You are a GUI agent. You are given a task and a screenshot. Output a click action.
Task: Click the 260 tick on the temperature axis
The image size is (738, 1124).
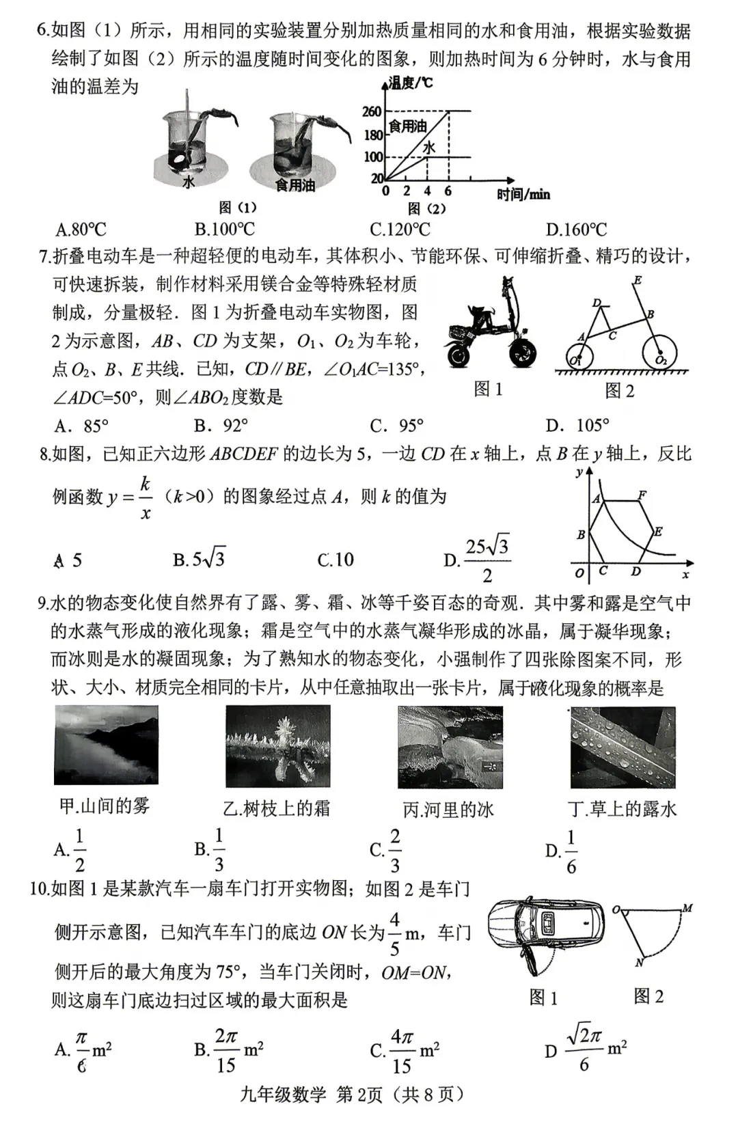pos(372,111)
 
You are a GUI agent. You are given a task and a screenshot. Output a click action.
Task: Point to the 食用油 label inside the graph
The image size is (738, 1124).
pos(407,126)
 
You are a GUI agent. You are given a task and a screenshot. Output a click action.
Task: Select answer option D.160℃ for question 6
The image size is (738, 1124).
pos(575,230)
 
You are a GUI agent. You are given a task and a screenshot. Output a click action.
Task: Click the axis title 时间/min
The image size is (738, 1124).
pos(523,195)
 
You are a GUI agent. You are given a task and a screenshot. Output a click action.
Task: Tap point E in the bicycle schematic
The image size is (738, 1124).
pos(637,280)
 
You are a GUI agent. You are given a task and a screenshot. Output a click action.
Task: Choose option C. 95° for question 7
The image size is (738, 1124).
pos(397,426)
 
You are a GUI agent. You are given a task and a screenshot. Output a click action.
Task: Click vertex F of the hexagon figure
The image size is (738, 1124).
pos(642,495)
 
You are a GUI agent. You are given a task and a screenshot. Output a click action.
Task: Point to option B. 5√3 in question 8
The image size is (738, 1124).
pos(199,560)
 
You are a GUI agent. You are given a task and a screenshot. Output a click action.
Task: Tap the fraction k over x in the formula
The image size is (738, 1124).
pos(145,497)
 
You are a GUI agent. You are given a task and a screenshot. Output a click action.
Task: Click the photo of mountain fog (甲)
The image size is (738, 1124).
pos(106,745)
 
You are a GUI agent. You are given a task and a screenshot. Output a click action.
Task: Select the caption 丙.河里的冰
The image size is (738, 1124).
pos(448,810)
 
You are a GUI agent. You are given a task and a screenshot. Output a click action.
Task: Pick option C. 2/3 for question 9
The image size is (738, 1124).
pos(385,851)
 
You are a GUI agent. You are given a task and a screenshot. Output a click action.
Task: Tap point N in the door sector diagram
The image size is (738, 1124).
pos(640,962)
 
